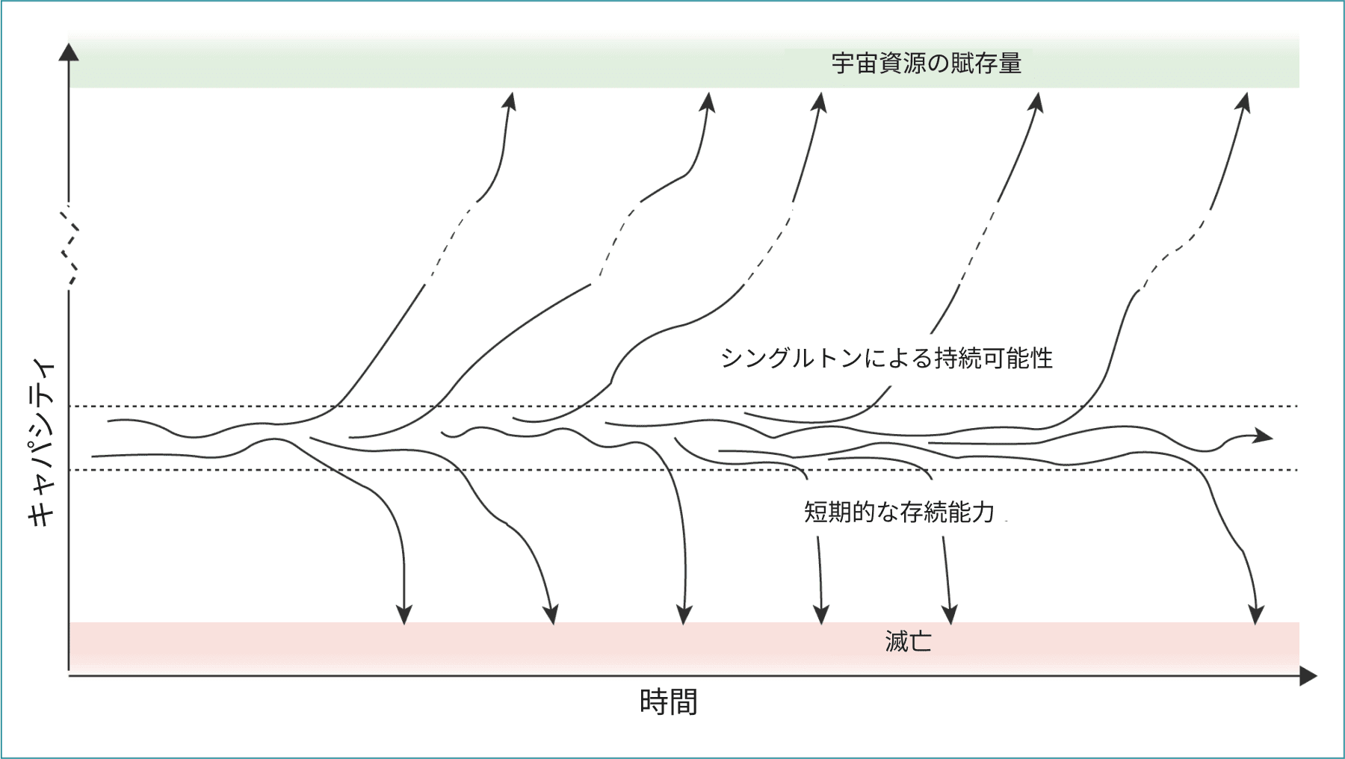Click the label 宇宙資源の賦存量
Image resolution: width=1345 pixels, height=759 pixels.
[927, 63]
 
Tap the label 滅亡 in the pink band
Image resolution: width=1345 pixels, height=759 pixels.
[908, 642]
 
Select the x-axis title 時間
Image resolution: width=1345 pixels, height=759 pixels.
[668, 702]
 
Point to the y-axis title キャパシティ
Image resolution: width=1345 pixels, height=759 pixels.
[42, 444]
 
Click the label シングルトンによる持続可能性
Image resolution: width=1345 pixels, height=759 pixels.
[886, 359]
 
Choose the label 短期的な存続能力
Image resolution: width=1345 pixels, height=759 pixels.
[899, 512]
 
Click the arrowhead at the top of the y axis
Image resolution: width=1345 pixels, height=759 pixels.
[69, 52]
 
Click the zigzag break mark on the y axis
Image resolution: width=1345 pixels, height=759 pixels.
[69, 247]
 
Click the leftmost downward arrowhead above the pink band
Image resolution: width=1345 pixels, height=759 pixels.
[404, 614]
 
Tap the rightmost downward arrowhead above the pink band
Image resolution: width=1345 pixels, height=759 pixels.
[1256, 614]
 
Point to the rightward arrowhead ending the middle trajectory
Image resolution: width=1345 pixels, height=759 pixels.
[1263, 436]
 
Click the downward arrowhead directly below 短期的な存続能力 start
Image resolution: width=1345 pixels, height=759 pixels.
[821, 614]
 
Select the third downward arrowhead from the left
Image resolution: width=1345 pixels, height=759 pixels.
[684, 614]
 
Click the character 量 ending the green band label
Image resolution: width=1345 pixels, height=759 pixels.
[1010, 63]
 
